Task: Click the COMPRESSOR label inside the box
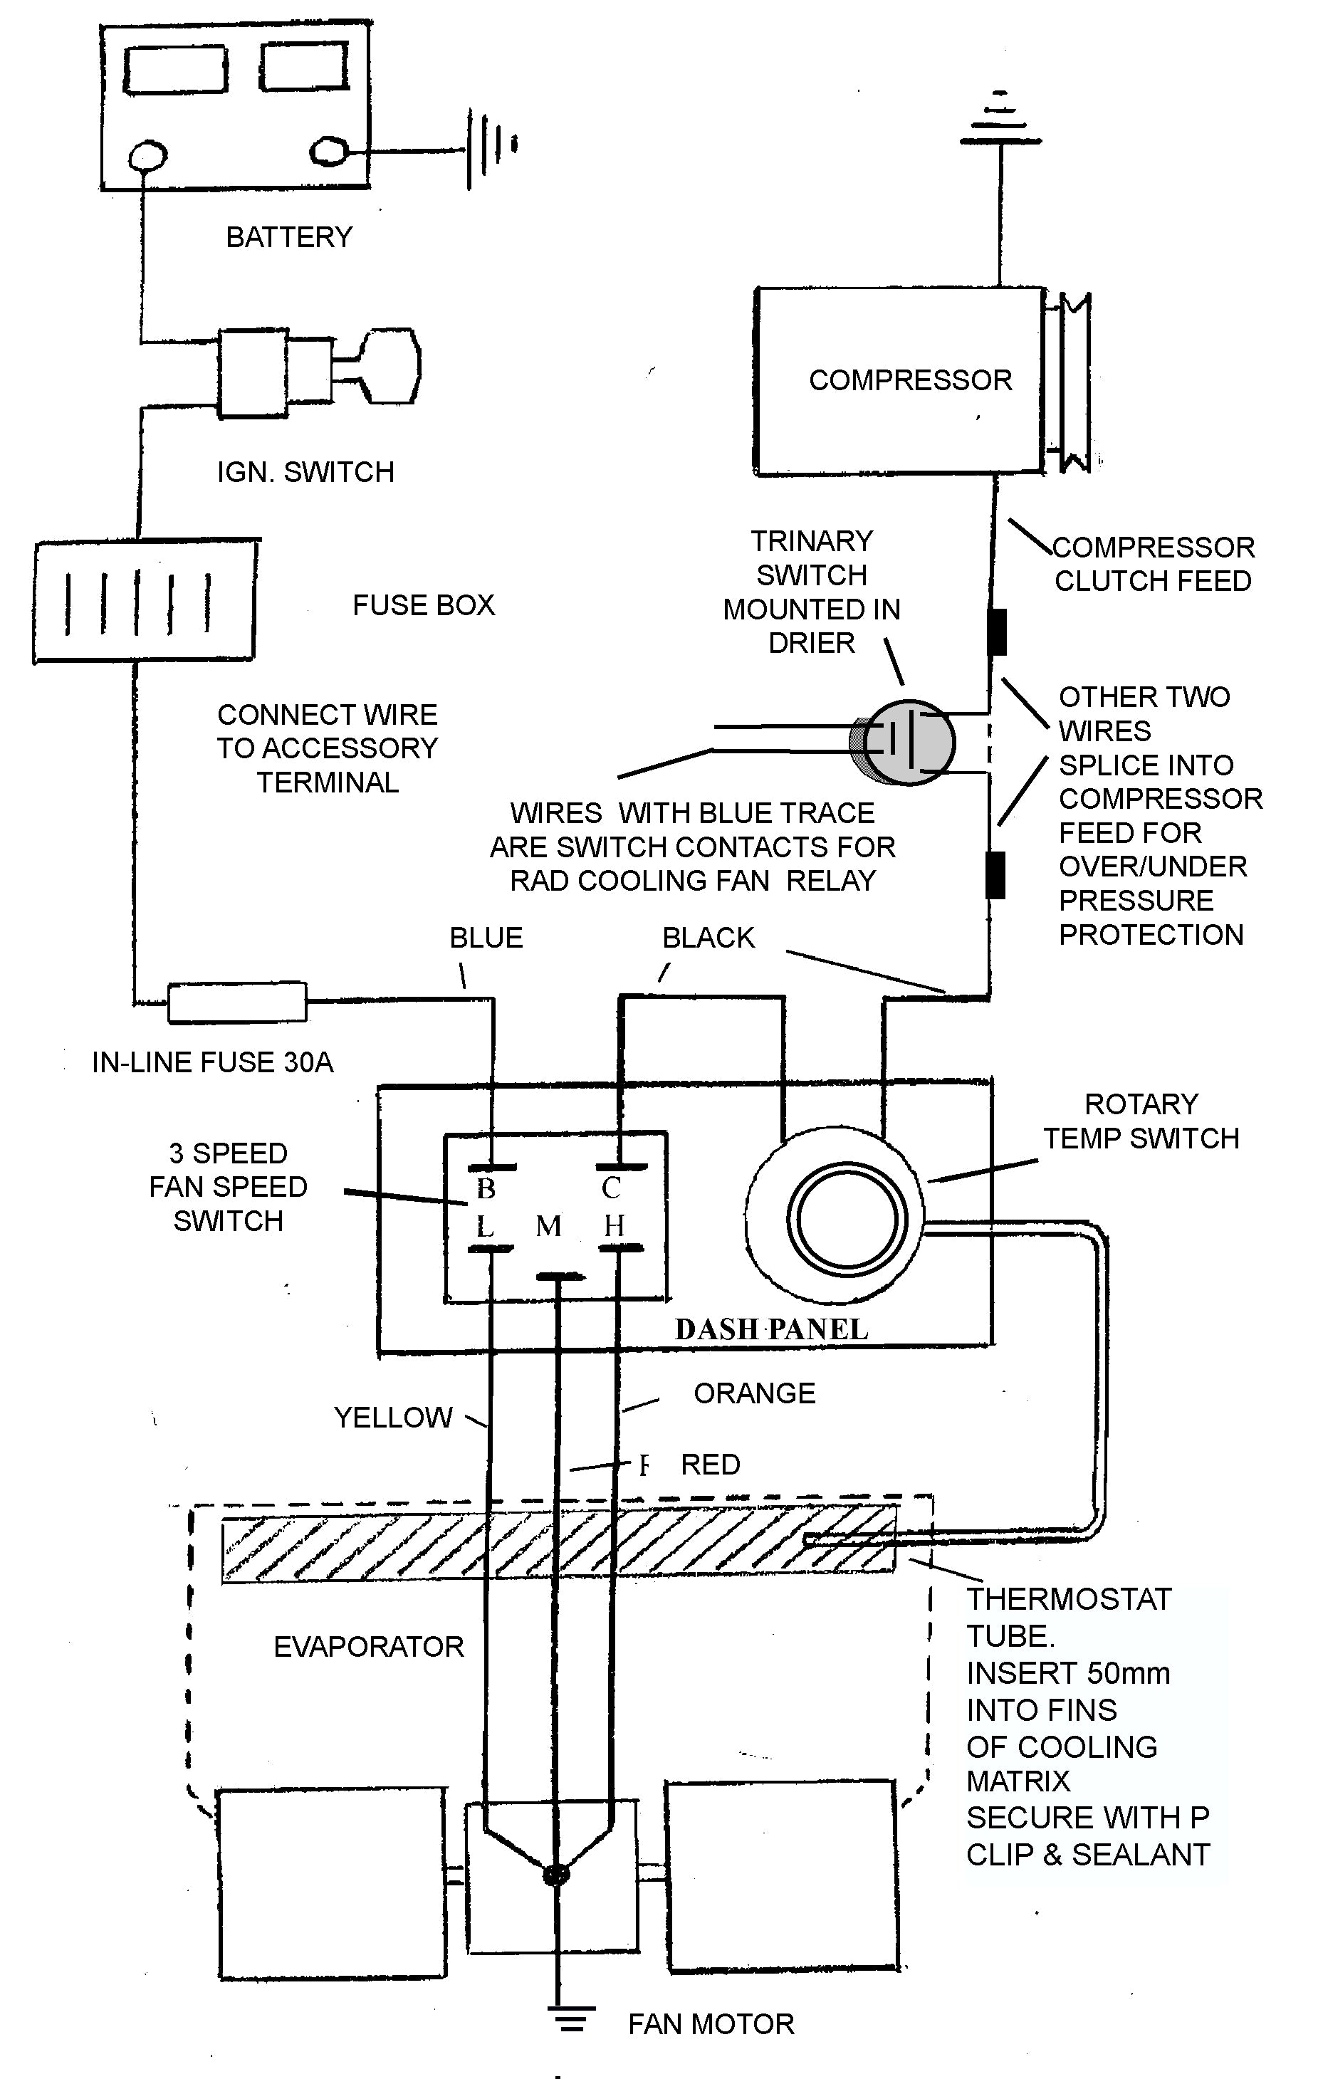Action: pyautogui.click(x=909, y=380)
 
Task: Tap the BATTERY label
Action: pyautogui.click(x=288, y=236)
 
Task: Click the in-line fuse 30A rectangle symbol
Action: pyautogui.click(x=236, y=1002)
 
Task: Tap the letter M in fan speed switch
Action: pyautogui.click(x=548, y=1226)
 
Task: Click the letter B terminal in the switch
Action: pyautogui.click(x=486, y=1189)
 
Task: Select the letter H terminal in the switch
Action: pyautogui.click(x=614, y=1225)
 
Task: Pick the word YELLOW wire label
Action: pyautogui.click(x=393, y=1418)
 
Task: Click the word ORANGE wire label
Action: pyautogui.click(x=754, y=1393)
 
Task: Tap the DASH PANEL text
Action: pyautogui.click(x=771, y=1329)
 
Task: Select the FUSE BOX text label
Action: pyautogui.click(x=423, y=605)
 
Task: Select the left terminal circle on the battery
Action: pyautogui.click(x=149, y=155)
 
